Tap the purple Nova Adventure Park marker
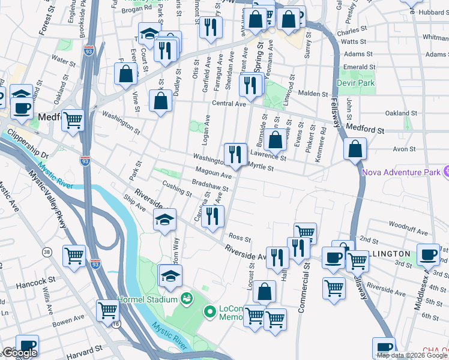tap(445, 172)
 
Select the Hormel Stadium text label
tap(155, 299)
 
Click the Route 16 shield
tap(115, 323)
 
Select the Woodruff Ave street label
tap(408, 232)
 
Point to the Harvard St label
tap(81, 356)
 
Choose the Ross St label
tap(238, 238)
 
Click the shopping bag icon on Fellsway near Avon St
tap(355, 149)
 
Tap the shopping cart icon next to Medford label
tap(73, 119)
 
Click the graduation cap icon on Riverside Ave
tap(165, 220)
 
